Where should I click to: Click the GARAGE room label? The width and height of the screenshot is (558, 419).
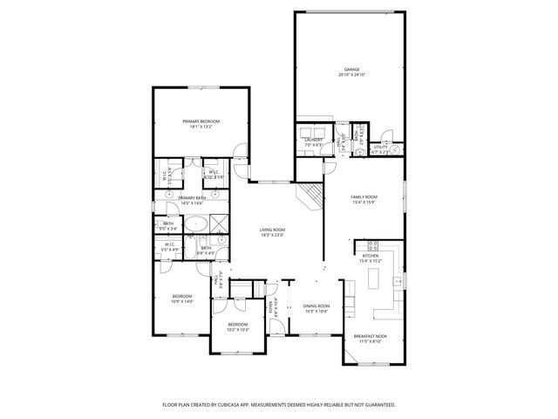351,69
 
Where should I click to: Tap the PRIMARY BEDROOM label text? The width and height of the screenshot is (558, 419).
201,120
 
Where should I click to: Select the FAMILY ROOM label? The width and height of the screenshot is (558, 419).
364,197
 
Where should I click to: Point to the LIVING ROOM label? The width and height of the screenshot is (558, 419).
272,230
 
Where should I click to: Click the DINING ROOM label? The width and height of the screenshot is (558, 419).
316,306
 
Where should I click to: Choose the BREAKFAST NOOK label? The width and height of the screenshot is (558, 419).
370,336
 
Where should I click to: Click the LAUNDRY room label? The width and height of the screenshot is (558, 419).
314,139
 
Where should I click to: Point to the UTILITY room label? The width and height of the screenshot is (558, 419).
381,147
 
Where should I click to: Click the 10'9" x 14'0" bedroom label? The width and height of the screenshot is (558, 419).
181,297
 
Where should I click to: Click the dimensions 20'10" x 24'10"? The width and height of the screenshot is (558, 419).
351,75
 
